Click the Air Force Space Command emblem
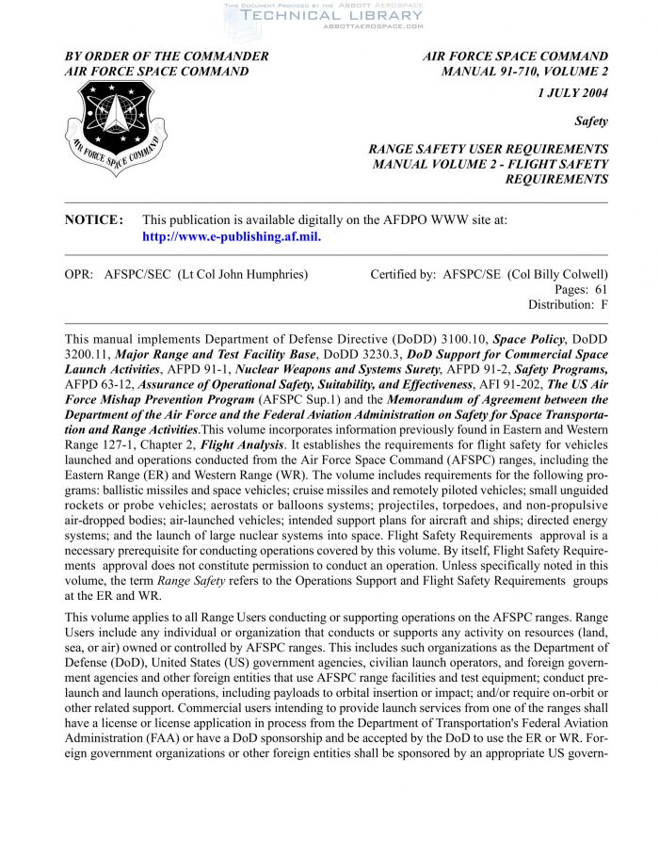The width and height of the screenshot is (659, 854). [116, 128]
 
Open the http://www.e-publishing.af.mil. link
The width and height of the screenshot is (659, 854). [231, 236]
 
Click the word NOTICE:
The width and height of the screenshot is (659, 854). [94, 219]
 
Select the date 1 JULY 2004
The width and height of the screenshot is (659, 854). [572, 92]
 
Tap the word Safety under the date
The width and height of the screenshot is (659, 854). [591, 121]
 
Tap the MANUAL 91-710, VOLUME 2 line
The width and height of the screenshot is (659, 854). [524, 71]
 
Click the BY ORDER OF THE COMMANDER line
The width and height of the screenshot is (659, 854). [167, 56]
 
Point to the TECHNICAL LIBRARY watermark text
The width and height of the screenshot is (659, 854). [332, 15]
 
